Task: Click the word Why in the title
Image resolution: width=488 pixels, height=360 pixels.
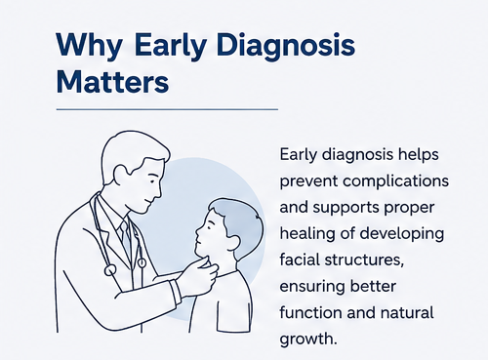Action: pyautogui.click(x=89, y=46)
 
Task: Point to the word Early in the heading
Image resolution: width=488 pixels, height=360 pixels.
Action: pyautogui.click(x=170, y=46)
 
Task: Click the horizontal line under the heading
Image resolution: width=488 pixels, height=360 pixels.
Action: pyautogui.click(x=167, y=109)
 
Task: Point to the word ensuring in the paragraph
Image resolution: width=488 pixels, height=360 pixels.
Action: pyautogui.click(x=311, y=287)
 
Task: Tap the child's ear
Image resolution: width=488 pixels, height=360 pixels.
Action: pyautogui.click(x=235, y=240)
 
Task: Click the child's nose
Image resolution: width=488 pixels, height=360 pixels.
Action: pyautogui.click(x=198, y=233)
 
